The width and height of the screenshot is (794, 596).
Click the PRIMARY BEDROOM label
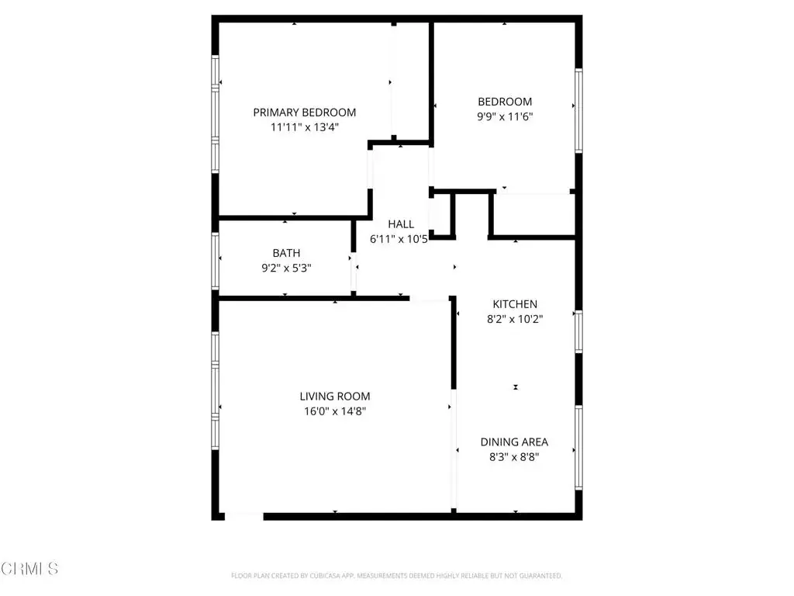(304, 113)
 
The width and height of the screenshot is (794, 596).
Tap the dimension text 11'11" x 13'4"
(304, 127)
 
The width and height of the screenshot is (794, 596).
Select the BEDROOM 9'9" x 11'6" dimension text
(505, 116)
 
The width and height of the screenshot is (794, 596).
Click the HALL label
(401, 224)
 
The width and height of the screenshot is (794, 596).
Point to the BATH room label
(287, 253)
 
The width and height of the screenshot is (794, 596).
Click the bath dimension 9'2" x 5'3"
(287, 268)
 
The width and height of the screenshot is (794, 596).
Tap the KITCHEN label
(515, 304)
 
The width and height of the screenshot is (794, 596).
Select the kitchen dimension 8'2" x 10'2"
(515, 319)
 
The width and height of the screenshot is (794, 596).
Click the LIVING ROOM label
(335, 397)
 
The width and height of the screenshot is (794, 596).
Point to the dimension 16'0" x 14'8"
(335, 411)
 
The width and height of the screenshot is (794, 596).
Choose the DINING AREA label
(515, 442)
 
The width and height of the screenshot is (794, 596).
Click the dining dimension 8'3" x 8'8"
(515, 457)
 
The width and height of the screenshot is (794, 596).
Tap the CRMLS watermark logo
(29, 569)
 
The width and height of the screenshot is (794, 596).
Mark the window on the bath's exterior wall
(216, 262)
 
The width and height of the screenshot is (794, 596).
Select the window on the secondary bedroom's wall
(578, 110)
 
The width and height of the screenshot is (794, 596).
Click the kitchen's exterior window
(578, 332)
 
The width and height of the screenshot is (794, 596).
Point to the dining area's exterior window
(578, 448)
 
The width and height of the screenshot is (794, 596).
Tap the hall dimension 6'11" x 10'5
(399, 239)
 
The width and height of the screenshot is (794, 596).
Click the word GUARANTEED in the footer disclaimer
(541, 576)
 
